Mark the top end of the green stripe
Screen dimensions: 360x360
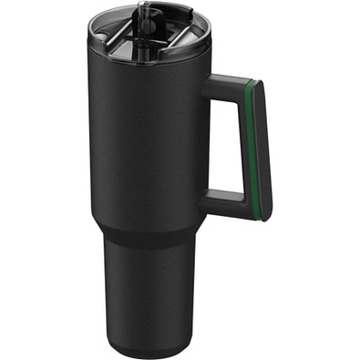(252, 83)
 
